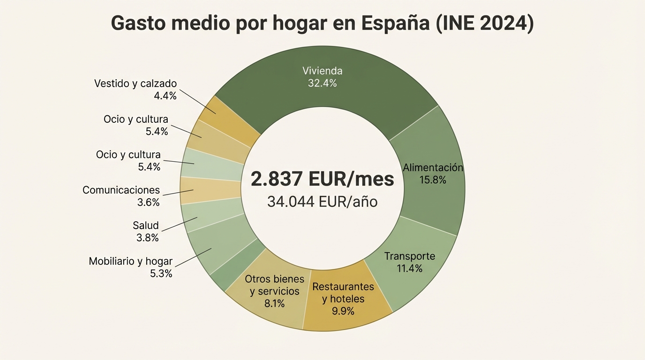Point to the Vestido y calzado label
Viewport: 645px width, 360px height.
(135, 83)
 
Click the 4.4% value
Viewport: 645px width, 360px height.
(165, 96)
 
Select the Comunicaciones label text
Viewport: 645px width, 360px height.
(121, 190)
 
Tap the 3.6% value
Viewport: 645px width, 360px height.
(149, 202)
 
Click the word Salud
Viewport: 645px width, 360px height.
(146, 225)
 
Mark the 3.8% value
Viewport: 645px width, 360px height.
(147, 238)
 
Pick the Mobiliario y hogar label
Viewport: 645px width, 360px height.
(131, 261)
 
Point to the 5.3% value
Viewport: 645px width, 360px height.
(161, 273)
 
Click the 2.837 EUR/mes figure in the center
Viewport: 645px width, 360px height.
(322, 179)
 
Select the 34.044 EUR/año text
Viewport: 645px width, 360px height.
(322, 202)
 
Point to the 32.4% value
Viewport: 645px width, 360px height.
(322, 83)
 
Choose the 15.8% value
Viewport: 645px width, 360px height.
(433, 180)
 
